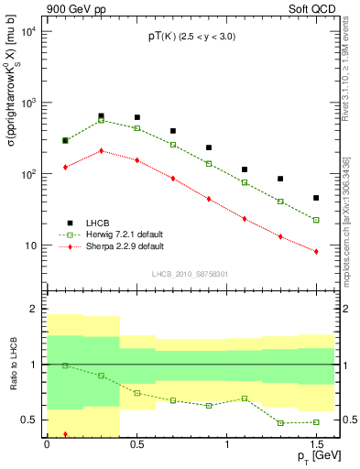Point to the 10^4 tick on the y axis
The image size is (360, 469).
click(27, 31)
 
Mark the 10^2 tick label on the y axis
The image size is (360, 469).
click(27, 174)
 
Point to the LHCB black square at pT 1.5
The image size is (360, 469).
click(316, 198)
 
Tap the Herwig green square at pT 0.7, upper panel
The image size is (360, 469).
click(173, 145)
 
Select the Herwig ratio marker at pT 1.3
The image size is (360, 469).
click(280, 423)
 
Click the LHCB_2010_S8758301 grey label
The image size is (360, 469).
click(190, 273)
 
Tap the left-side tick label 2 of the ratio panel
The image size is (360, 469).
click(34, 309)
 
